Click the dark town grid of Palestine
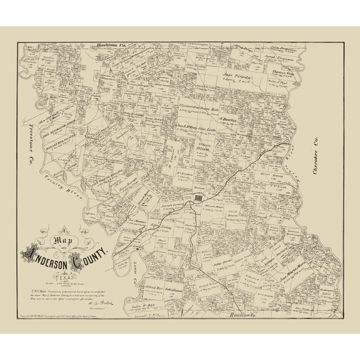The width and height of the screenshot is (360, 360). (x=198, y=197)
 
